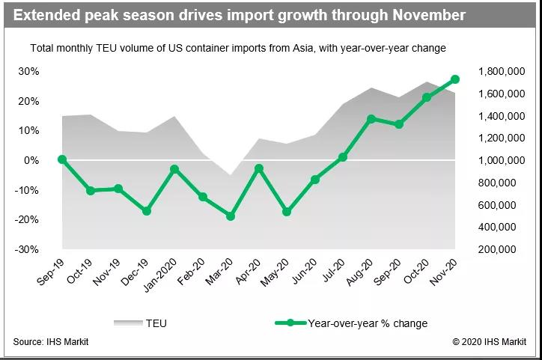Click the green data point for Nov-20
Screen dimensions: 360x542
[x=454, y=79]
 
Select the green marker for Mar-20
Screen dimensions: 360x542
[x=231, y=216]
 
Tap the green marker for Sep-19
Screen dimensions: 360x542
[x=62, y=159]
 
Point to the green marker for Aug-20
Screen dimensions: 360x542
[x=371, y=119]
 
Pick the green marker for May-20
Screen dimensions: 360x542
[x=287, y=212]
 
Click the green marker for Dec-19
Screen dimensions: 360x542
[x=147, y=211]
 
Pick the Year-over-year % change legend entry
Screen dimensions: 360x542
[x=351, y=323]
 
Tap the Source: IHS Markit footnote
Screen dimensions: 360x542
[x=50, y=342]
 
